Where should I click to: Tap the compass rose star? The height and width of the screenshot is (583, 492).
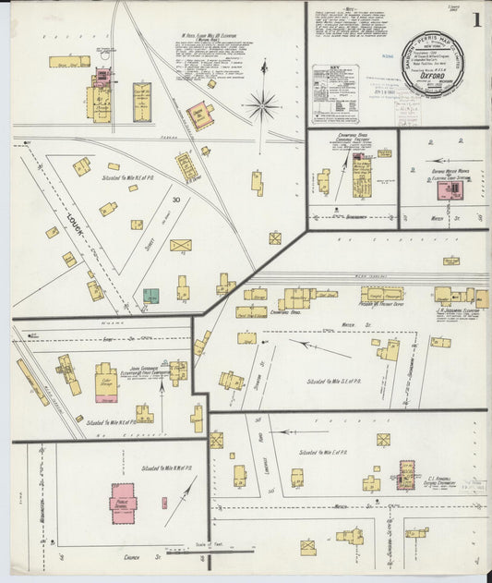[263, 104]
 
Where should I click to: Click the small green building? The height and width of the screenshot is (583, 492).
[150, 296]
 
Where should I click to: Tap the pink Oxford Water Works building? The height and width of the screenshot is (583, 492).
[450, 189]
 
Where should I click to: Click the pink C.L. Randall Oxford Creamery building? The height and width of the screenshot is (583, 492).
[407, 473]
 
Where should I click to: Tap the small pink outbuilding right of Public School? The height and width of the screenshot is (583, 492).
[164, 503]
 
